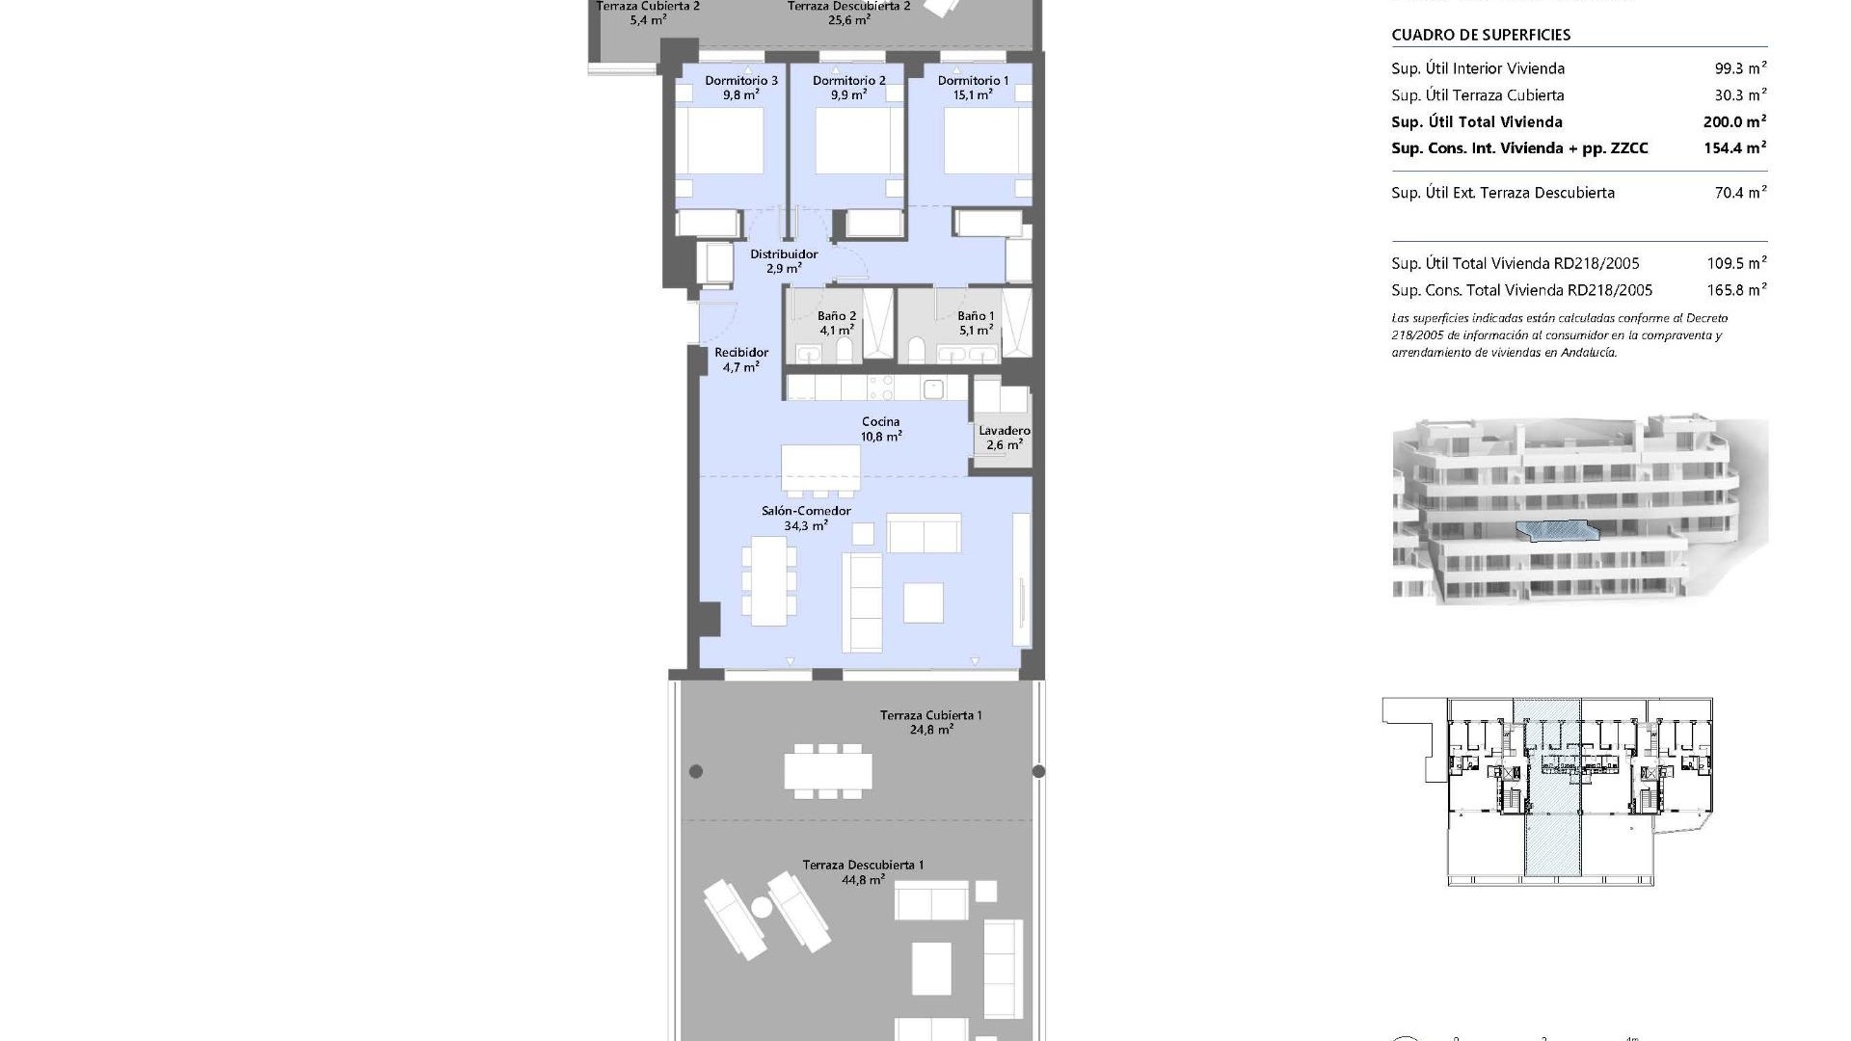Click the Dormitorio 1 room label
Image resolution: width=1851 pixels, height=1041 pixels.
[x=973, y=88]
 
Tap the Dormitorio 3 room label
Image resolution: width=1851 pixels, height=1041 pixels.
[x=740, y=88]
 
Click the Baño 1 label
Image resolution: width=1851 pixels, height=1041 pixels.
[x=976, y=323]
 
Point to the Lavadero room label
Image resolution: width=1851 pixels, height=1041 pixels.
[x=1004, y=438]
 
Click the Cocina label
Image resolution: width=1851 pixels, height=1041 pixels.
[x=880, y=428]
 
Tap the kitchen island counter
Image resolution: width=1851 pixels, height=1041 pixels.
[x=820, y=468]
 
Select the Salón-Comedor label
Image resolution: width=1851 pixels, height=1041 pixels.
[x=806, y=518]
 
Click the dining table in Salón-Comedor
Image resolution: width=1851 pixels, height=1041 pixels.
[x=767, y=580]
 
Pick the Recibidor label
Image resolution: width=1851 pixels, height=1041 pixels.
[x=740, y=360]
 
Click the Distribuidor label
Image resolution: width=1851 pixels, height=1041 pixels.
[x=783, y=261]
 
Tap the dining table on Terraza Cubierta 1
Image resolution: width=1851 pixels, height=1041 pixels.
[x=827, y=771]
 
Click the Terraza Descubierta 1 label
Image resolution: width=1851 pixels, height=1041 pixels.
[x=863, y=871]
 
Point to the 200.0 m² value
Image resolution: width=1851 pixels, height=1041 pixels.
[x=1733, y=121]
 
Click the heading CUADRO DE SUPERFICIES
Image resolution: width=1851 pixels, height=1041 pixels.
[x=1481, y=35]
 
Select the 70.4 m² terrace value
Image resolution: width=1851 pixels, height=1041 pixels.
[x=1740, y=193]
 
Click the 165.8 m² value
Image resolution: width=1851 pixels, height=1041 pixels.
[x=1735, y=290]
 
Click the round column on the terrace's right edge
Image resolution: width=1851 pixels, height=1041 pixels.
[x=1038, y=771]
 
